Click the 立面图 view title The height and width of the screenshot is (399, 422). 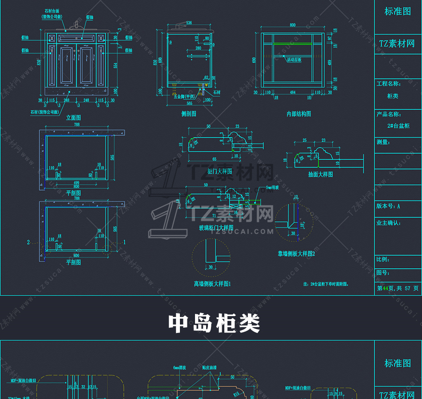(73, 118)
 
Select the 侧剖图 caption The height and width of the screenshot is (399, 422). (189, 114)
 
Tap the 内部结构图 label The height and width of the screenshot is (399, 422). (299, 114)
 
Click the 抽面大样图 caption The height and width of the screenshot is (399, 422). (320, 174)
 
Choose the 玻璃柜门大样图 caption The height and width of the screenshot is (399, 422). (216, 228)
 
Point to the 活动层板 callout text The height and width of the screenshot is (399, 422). (294, 60)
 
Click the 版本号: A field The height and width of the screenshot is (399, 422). (388, 206)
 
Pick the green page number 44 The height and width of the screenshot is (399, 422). (386, 288)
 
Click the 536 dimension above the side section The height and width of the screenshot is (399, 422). (189, 23)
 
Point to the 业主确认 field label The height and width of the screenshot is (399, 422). (389, 223)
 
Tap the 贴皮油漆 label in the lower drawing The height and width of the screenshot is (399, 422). (209, 368)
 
